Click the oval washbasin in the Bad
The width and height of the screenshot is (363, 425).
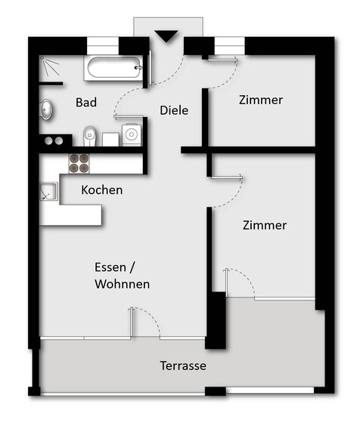[46, 110]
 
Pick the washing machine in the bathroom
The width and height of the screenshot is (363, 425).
[132, 134]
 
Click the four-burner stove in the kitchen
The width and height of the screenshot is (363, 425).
[79, 163]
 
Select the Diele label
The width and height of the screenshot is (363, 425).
[174, 110]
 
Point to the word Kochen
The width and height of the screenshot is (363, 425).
[101, 190]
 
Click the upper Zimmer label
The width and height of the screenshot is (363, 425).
[260, 100]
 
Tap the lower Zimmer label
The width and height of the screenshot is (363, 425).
[264, 225]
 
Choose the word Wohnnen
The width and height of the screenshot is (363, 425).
[122, 285]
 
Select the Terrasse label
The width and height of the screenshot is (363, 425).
[183, 366]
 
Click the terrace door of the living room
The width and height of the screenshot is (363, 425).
[144, 322]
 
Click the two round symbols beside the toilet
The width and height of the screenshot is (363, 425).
[52, 140]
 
